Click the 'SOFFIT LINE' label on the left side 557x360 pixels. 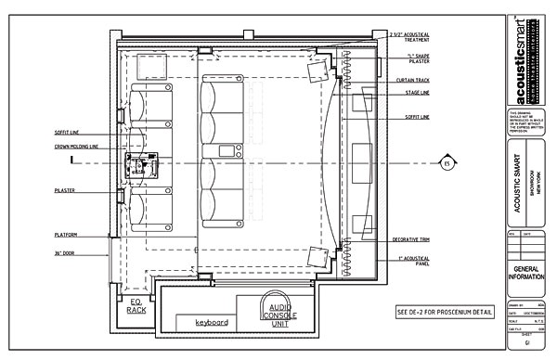click(70, 133)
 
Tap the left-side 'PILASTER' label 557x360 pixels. click(66, 189)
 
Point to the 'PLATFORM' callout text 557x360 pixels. click(66, 235)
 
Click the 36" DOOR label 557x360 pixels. click(67, 252)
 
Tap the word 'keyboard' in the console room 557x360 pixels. click(212, 322)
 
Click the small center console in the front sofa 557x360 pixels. click(226, 150)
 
